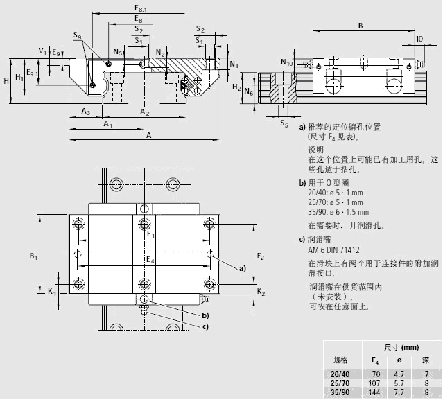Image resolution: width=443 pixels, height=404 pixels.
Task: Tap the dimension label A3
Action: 85,112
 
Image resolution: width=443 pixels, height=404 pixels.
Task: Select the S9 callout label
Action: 77,36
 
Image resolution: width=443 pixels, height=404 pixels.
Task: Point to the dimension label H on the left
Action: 6,80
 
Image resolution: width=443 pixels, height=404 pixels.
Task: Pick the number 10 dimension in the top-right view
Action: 419,39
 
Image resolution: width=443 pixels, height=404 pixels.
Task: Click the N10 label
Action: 287,63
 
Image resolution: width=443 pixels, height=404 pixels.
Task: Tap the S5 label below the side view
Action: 284,124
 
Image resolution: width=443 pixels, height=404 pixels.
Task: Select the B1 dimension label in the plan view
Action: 33,257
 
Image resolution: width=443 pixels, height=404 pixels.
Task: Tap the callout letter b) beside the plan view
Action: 205,316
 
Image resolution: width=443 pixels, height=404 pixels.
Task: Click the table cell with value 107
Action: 374,383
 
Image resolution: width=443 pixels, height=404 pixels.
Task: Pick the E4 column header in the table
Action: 374,360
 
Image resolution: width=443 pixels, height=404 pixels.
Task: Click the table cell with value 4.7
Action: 399,373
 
